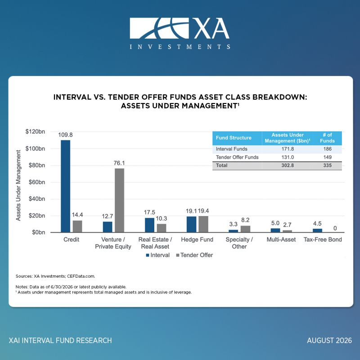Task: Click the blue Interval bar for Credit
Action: (65, 186)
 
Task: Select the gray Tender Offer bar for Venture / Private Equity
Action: (119, 200)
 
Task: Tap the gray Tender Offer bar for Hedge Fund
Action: (203, 224)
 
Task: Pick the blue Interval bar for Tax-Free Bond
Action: (317, 230)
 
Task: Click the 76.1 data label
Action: (119, 163)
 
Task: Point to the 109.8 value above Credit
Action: (65, 135)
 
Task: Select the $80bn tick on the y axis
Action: (37, 165)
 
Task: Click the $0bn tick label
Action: (39, 232)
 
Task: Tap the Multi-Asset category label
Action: (281, 239)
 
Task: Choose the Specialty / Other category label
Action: (239, 243)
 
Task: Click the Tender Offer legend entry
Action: (194, 255)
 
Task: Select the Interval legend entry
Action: (158, 255)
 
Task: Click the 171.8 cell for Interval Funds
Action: (288, 149)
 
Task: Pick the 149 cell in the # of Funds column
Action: (328, 157)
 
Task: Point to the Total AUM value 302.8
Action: (288, 165)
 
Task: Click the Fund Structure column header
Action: (234, 138)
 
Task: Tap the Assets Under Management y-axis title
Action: (18, 185)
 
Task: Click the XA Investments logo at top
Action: (180, 33)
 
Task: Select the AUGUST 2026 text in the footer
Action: (329, 340)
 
